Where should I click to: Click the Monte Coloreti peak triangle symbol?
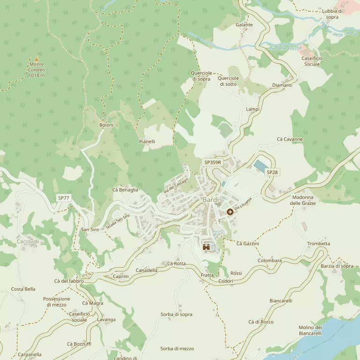pos(37,59)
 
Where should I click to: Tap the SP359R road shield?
pos(212,162)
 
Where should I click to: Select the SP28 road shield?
pos(272,172)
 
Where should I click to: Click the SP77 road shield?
pos(64,198)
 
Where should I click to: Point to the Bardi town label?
pos(211,200)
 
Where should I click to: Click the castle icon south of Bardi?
pos(206,247)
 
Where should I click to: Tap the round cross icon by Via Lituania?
pos(230,212)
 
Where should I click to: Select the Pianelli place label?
pos(147,141)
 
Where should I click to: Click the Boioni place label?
pos(106,125)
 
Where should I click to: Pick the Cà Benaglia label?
pos(125,190)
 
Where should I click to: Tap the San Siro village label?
pos(90,230)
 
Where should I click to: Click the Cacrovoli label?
pos(28,242)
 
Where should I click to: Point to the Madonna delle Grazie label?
pos(303,200)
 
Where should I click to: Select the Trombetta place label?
pos(318,244)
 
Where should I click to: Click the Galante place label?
pos(244,25)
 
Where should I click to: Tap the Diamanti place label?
pos(282,85)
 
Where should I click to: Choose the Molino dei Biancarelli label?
pos(310,330)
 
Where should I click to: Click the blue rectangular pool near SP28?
pos(260,165)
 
